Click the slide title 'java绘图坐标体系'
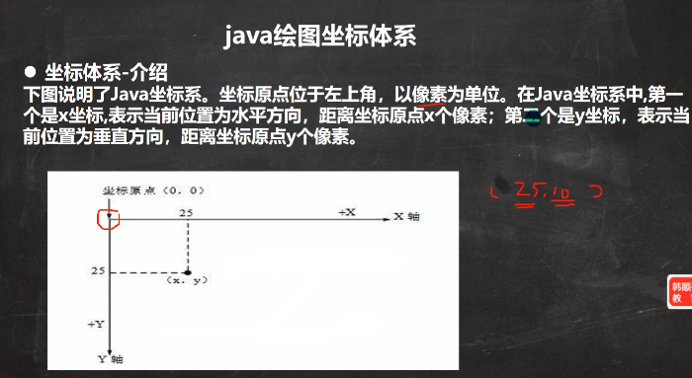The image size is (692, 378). point(320,37)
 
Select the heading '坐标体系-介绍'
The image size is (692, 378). point(106,72)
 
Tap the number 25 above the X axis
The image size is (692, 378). point(187,212)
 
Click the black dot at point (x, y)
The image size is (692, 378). point(187,268)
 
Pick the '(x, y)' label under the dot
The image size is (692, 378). point(187,281)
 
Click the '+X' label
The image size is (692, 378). point(347,212)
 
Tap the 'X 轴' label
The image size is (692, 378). point(406,216)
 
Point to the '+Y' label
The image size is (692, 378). point(96,323)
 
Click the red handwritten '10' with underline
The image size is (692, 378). point(560,190)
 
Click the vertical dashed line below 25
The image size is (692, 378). point(187,244)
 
